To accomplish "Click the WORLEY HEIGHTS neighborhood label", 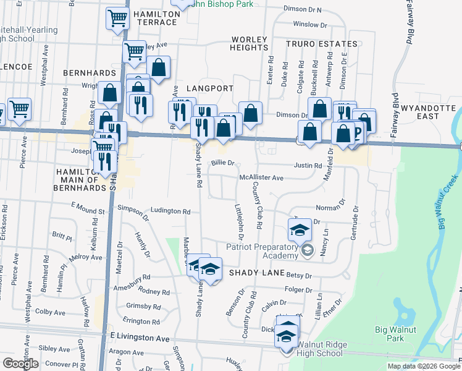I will point(250,44).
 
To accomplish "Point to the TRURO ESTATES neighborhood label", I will point(321,44).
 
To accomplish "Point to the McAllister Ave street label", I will point(261,177).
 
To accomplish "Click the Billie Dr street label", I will point(223,163).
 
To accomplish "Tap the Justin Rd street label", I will point(308,166).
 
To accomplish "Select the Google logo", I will point(21,364).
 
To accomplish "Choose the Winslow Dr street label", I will point(310,25).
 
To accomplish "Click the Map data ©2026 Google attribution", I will point(424,366).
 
